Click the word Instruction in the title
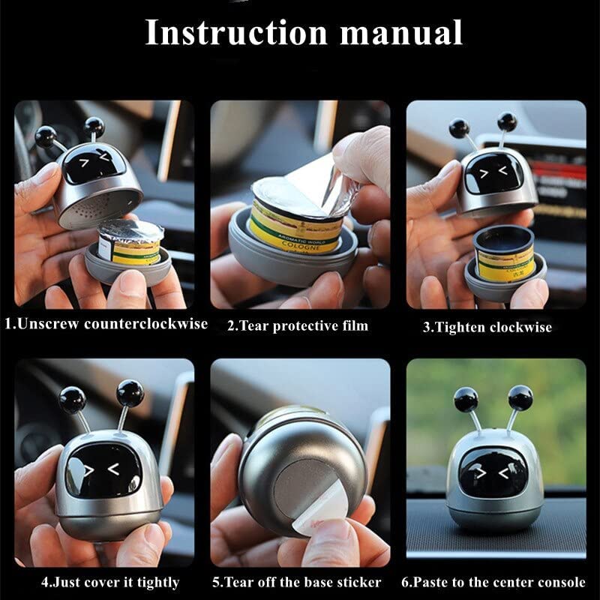pos(236,32)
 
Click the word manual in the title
pos(401,32)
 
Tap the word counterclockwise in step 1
pos(145,324)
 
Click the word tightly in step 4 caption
pos(158,583)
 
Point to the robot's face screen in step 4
pos(103,471)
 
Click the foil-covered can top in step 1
pos(130,230)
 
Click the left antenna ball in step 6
pos(466,400)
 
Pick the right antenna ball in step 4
pos(130,393)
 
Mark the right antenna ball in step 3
pos(508,122)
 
